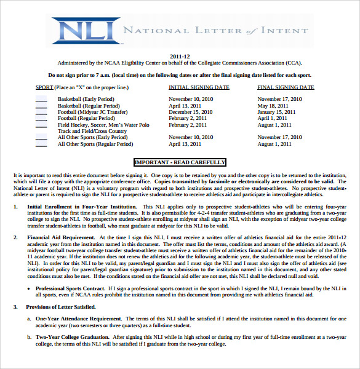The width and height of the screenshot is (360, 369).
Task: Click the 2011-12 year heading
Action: tap(180, 56)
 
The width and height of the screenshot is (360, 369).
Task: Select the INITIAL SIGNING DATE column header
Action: tap(199, 87)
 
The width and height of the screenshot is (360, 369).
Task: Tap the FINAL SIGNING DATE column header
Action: tap(285, 87)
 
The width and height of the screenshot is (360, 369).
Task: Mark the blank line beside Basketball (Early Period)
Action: tap(41, 99)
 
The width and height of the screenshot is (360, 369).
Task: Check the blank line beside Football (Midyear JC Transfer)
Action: tap(41, 113)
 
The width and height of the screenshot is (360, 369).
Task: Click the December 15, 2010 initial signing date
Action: tap(191, 112)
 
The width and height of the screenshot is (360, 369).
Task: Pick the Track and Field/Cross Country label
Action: tap(92, 131)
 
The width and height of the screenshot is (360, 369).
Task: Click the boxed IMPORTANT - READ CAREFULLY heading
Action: tap(180, 162)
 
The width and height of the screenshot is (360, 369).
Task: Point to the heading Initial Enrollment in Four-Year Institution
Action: tap(82, 207)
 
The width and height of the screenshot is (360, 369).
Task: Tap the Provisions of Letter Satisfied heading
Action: tap(62, 307)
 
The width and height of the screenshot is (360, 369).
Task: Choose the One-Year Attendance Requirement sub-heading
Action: tap(78, 318)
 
